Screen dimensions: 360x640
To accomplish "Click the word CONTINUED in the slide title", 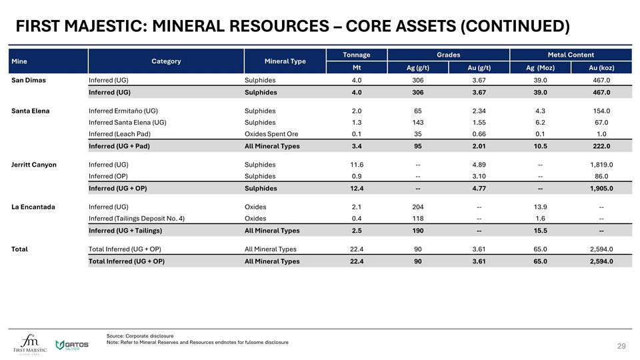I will (513, 27).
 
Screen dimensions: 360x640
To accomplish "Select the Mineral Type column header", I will (285, 61).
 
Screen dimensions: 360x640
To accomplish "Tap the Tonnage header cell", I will (356, 55).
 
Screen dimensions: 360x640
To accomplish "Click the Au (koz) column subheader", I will (601, 67).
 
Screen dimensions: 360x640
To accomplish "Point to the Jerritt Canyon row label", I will (34, 165).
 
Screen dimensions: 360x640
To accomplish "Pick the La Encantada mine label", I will (33, 207).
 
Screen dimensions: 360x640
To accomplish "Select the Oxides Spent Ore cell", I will (271, 134).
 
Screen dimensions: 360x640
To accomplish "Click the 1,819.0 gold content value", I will (601, 165).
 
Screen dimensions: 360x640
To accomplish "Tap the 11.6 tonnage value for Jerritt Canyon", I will (357, 165).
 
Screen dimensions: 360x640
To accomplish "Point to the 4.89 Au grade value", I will (479, 165).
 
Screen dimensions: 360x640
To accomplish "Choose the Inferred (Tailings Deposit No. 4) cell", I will (137, 218).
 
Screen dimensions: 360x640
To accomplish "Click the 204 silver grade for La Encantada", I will (418, 207).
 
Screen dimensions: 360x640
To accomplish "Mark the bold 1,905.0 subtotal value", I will (601, 188).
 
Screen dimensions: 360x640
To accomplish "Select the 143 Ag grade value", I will (418, 123).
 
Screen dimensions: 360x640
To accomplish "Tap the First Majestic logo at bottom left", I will (31, 343).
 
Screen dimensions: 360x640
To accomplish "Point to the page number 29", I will (621, 346).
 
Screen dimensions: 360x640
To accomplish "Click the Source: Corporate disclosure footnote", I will (140, 335).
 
